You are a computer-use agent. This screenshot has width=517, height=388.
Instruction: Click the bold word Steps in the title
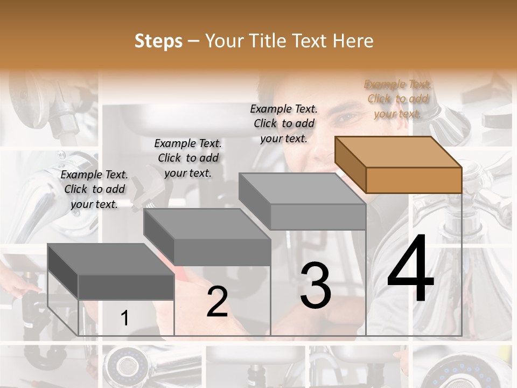point(158,41)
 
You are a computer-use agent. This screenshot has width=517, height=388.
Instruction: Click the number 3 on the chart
point(316,286)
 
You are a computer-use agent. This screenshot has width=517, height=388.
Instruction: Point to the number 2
point(217,302)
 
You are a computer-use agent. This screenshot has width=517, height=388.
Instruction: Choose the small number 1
point(124,318)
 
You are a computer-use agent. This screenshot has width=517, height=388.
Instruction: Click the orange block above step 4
point(399,164)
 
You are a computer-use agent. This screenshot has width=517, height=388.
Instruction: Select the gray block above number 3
point(303,200)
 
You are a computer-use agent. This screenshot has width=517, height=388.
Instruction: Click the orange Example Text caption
point(397,99)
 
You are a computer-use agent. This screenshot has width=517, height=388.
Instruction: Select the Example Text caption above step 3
point(284,123)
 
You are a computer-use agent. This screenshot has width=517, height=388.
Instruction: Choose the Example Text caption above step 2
point(187,158)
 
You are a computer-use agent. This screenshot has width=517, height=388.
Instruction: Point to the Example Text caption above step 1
point(94,189)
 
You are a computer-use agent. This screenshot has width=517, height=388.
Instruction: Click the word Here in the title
point(353,41)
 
